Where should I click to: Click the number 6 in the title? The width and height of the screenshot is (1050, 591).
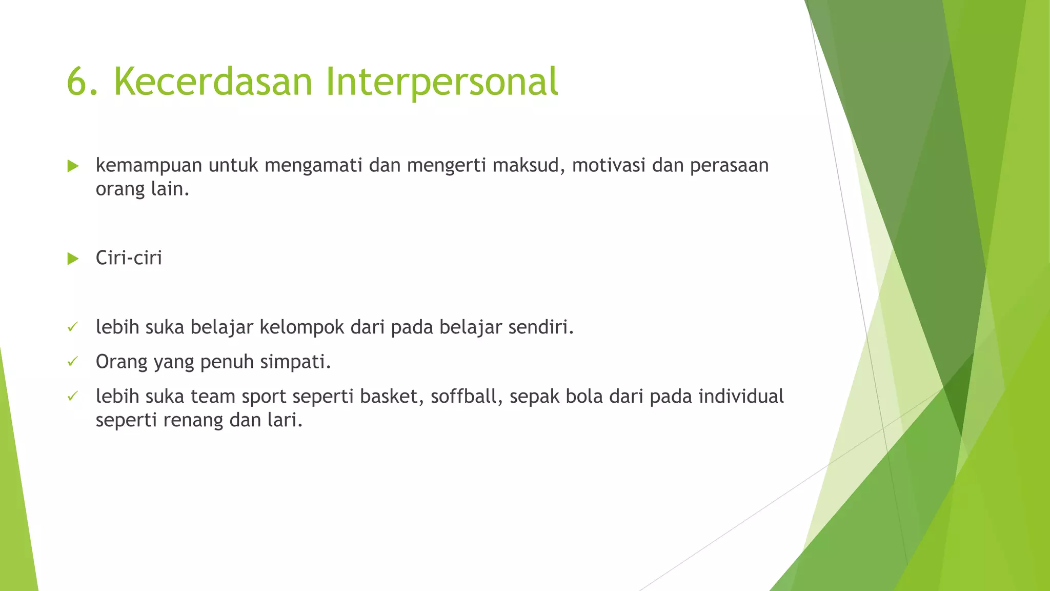click(x=77, y=82)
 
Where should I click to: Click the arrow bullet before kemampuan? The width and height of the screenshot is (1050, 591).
click(x=73, y=166)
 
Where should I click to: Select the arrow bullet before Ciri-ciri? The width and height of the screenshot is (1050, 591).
click(x=73, y=259)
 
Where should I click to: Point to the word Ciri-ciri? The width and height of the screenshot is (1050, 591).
click(x=129, y=258)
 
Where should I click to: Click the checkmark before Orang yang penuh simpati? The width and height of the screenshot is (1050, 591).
click(x=72, y=362)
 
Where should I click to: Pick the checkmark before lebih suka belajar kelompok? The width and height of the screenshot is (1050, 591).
click(x=72, y=327)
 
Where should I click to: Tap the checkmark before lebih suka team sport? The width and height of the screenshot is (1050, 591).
click(x=72, y=397)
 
